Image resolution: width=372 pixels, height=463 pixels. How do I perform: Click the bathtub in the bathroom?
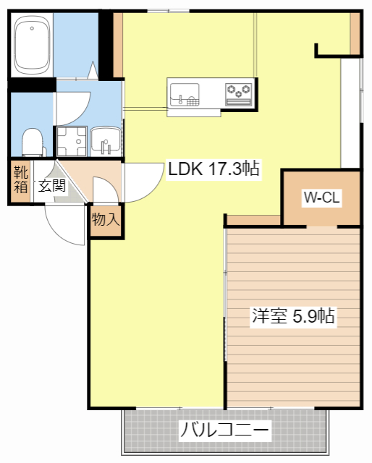click(32, 45)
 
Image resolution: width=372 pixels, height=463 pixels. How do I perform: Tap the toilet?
click(33, 143)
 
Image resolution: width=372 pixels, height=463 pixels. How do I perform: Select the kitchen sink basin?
click(185, 95)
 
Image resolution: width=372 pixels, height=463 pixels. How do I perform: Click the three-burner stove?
click(238, 95)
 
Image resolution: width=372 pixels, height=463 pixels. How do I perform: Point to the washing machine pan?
click(72, 141)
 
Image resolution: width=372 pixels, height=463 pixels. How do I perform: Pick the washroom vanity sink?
click(106, 141)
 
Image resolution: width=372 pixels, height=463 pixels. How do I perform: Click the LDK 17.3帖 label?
click(214, 169)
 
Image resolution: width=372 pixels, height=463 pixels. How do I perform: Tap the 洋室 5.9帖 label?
click(293, 316)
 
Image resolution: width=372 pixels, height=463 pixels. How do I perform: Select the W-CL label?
click(322, 197)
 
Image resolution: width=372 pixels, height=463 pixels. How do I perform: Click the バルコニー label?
click(225, 430)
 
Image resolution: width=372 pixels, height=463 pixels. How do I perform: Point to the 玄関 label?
click(52, 185)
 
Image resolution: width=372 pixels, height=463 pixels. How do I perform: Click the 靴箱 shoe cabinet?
click(20, 182)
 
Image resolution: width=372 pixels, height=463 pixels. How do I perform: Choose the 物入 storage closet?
click(106, 220)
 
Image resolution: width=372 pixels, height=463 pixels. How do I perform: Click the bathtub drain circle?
click(32, 28)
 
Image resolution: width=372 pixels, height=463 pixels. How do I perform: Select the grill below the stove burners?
click(238, 102)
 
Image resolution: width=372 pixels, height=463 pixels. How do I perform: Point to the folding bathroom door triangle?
click(93, 70)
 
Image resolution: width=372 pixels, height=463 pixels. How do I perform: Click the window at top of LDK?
click(169, 12)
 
